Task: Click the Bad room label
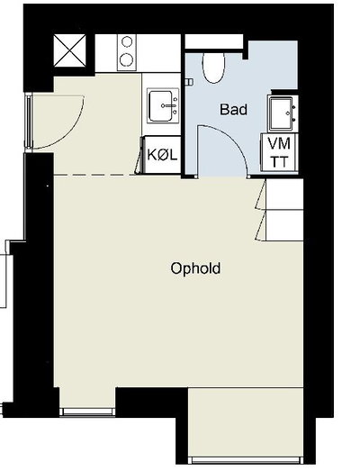(x=233, y=109)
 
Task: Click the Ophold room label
(x=195, y=268)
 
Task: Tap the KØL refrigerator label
(x=162, y=155)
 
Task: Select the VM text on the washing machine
(x=279, y=143)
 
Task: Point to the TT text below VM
(x=279, y=162)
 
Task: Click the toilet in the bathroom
(x=213, y=67)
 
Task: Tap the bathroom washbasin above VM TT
(x=283, y=113)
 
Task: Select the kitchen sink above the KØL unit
(x=163, y=105)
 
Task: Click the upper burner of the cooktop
(x=127, y=41)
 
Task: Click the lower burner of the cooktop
(x=127, y=59)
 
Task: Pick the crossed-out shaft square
(x=69, y=50)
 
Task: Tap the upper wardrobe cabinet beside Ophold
(x=284, y=195)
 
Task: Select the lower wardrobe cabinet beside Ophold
(x=284, y=225)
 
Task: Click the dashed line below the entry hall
(x=94, y=175)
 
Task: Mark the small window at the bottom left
(x=87, y=412)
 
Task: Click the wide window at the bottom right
(x=246, y=460)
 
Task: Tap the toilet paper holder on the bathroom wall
(x=190, y=82)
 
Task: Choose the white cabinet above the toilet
(x=214, y=41)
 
